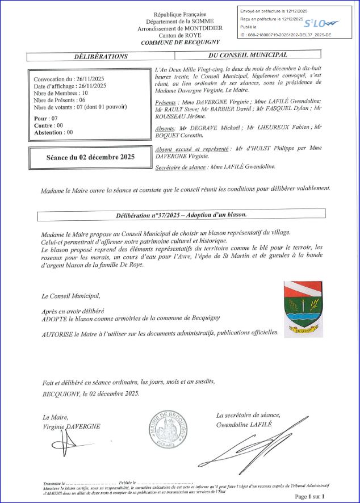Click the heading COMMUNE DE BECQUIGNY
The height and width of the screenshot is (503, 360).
pos(180,43)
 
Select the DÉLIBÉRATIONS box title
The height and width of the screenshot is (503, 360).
pos(101,56)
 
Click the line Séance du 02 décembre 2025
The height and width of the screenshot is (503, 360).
pos(91,157)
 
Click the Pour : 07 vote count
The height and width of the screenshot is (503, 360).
pos(46,118)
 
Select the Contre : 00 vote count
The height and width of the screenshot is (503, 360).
pos(49,125)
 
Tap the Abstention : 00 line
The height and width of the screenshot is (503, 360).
pos(53,132)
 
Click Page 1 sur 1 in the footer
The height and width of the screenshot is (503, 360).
pos(309,496)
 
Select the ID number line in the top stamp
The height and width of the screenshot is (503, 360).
pos(286,35)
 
